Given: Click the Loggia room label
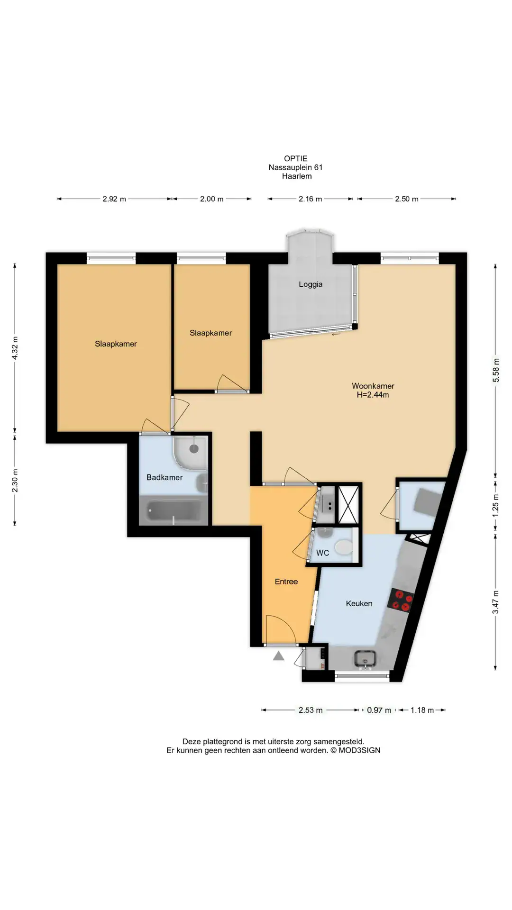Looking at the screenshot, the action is tap(311, 284).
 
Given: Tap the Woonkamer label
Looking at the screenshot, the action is tap(373, 386).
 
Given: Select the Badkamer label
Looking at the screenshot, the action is tap(165, 477).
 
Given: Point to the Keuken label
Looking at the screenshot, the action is tap(359, 603).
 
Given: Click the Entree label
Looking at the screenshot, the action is tap(286, 582).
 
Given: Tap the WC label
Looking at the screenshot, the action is tap(322, 553).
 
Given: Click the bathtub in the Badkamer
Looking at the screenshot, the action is tap(173, 511).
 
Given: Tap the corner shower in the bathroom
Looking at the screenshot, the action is tap(190, 452).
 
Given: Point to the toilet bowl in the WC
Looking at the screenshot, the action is tap(344, 548).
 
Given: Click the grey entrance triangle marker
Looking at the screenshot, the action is tap(278, 656).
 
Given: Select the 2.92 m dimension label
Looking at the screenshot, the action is tap(114, 199).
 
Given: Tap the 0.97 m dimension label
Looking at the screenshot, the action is tap(379, 710).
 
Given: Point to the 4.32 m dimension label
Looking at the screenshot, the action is tap(15, 348).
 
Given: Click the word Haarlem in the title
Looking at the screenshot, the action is tap(297, 176).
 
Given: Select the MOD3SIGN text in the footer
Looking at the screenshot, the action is tap(359, 750).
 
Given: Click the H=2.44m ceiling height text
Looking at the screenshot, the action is tap(373, 395).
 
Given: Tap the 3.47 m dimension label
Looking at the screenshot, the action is tap(496, 602).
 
